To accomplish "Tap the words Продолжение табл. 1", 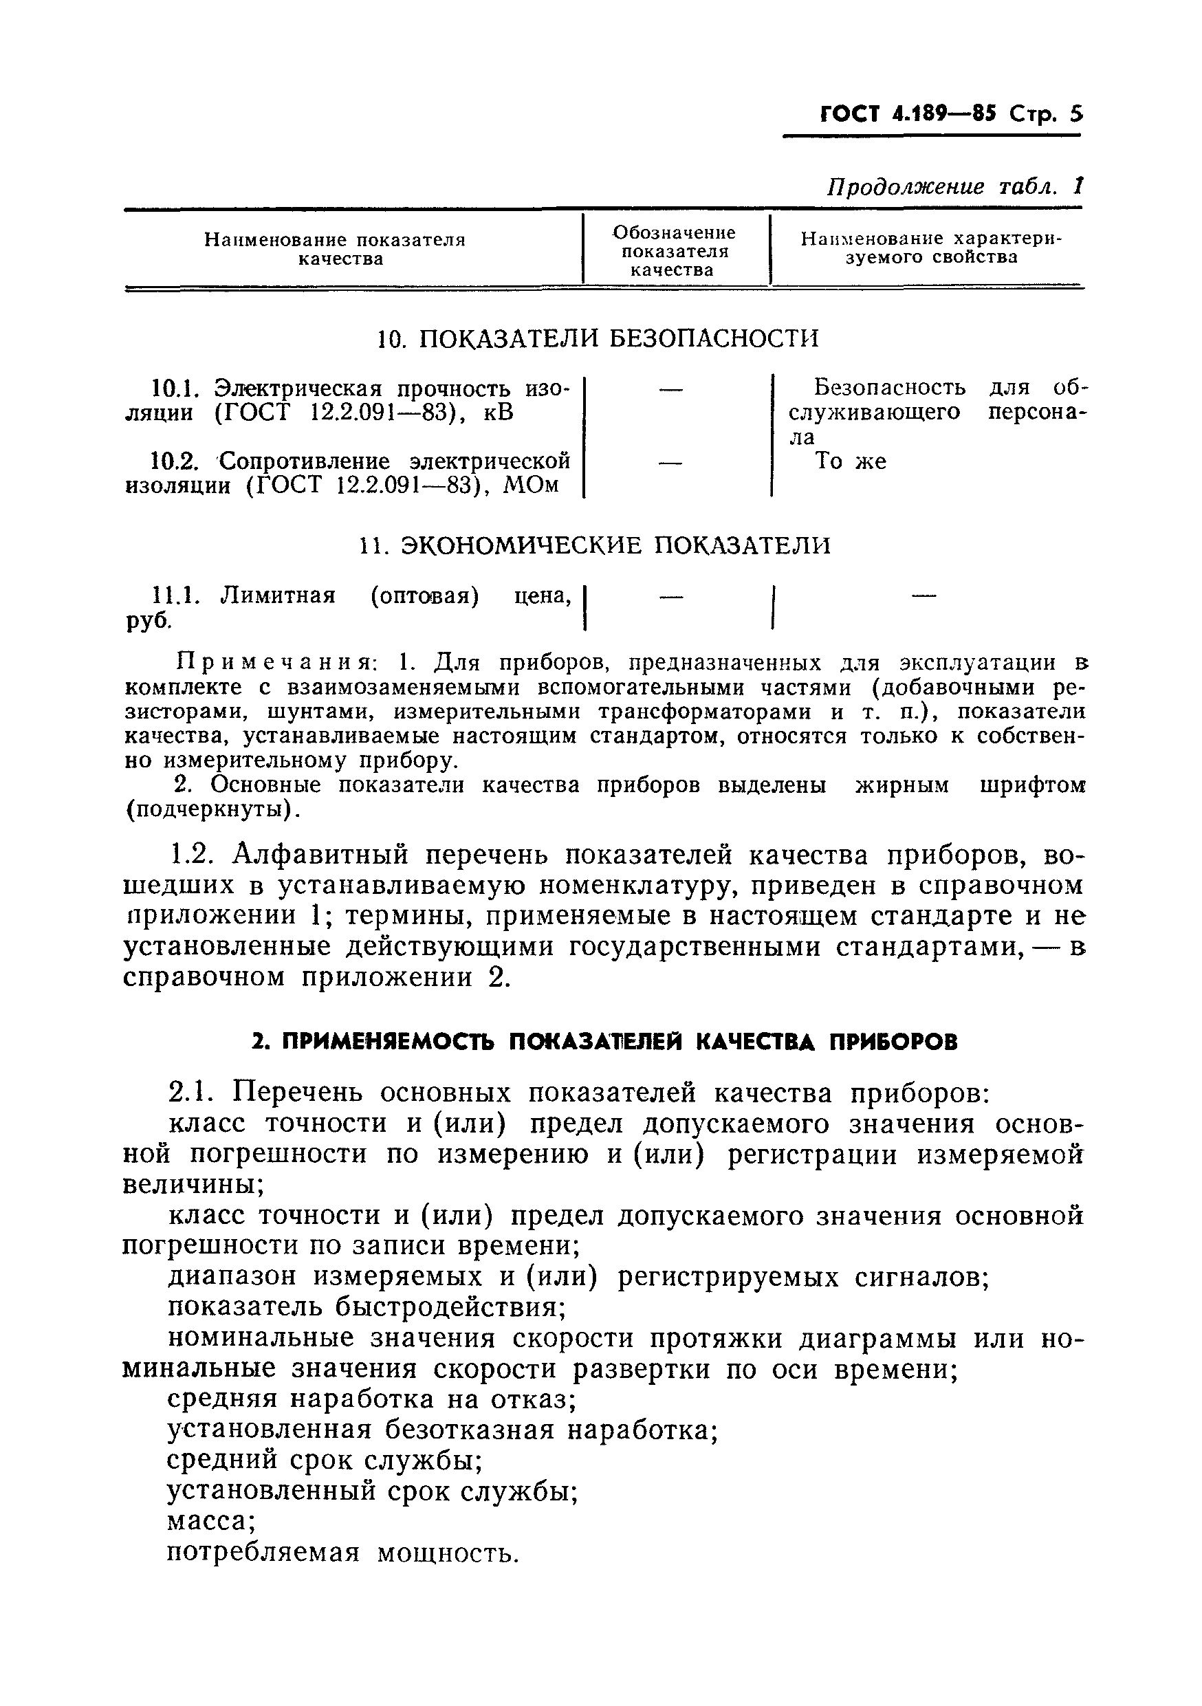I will click(954, 186).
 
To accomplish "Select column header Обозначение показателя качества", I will click(674, 251).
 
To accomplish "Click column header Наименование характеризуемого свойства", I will click(931, 248).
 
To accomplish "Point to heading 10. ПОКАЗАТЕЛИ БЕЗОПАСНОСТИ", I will click(598, 339).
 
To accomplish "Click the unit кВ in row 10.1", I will click(498, 413).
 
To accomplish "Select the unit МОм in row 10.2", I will click(530, 486).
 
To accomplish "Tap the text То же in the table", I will click(851, 461).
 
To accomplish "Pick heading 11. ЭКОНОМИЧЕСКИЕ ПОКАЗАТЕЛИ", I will click(594, 546).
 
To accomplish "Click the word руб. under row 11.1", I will click(148, 621).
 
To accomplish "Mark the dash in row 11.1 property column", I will click(924, 594).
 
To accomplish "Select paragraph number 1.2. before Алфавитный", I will click(193, 856).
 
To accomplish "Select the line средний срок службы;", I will click(325, 1460).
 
